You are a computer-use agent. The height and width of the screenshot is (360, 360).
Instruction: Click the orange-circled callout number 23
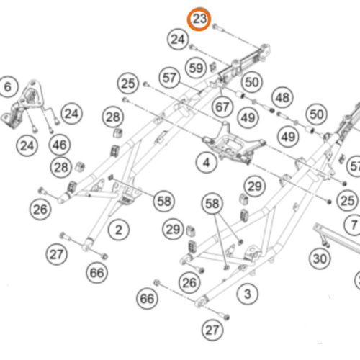[199, 19]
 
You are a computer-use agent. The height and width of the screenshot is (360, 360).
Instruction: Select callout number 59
[196, 68]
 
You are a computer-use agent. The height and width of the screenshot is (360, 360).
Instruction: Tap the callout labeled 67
[222, 107]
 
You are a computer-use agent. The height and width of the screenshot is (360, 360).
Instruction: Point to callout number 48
[282, 98]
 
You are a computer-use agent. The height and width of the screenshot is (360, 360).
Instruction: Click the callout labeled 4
[207, 163]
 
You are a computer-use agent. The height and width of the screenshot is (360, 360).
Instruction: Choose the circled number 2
[119, 230]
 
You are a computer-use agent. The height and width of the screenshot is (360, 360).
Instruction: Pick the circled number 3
[247, 294]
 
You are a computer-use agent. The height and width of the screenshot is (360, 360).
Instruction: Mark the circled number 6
[8, 86]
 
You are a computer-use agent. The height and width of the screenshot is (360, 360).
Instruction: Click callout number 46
[60, 145]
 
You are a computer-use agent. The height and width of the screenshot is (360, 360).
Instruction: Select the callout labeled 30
[320, 258]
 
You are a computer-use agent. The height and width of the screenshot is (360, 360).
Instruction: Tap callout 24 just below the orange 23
[178, 40]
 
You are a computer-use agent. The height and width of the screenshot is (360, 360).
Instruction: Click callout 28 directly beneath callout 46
[61, 167]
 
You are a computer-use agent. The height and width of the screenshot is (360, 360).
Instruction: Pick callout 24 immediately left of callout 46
[27, 145]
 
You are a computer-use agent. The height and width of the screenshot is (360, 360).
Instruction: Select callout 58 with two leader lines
[212, 204]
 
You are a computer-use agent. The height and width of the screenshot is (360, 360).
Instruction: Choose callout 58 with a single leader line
[164, 201]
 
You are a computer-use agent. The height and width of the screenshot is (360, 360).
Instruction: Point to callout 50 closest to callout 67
[252, 82]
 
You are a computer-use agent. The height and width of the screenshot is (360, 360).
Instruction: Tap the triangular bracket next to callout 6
[23, 104]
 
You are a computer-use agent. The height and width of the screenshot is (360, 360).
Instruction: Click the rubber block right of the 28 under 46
[79, 166]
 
